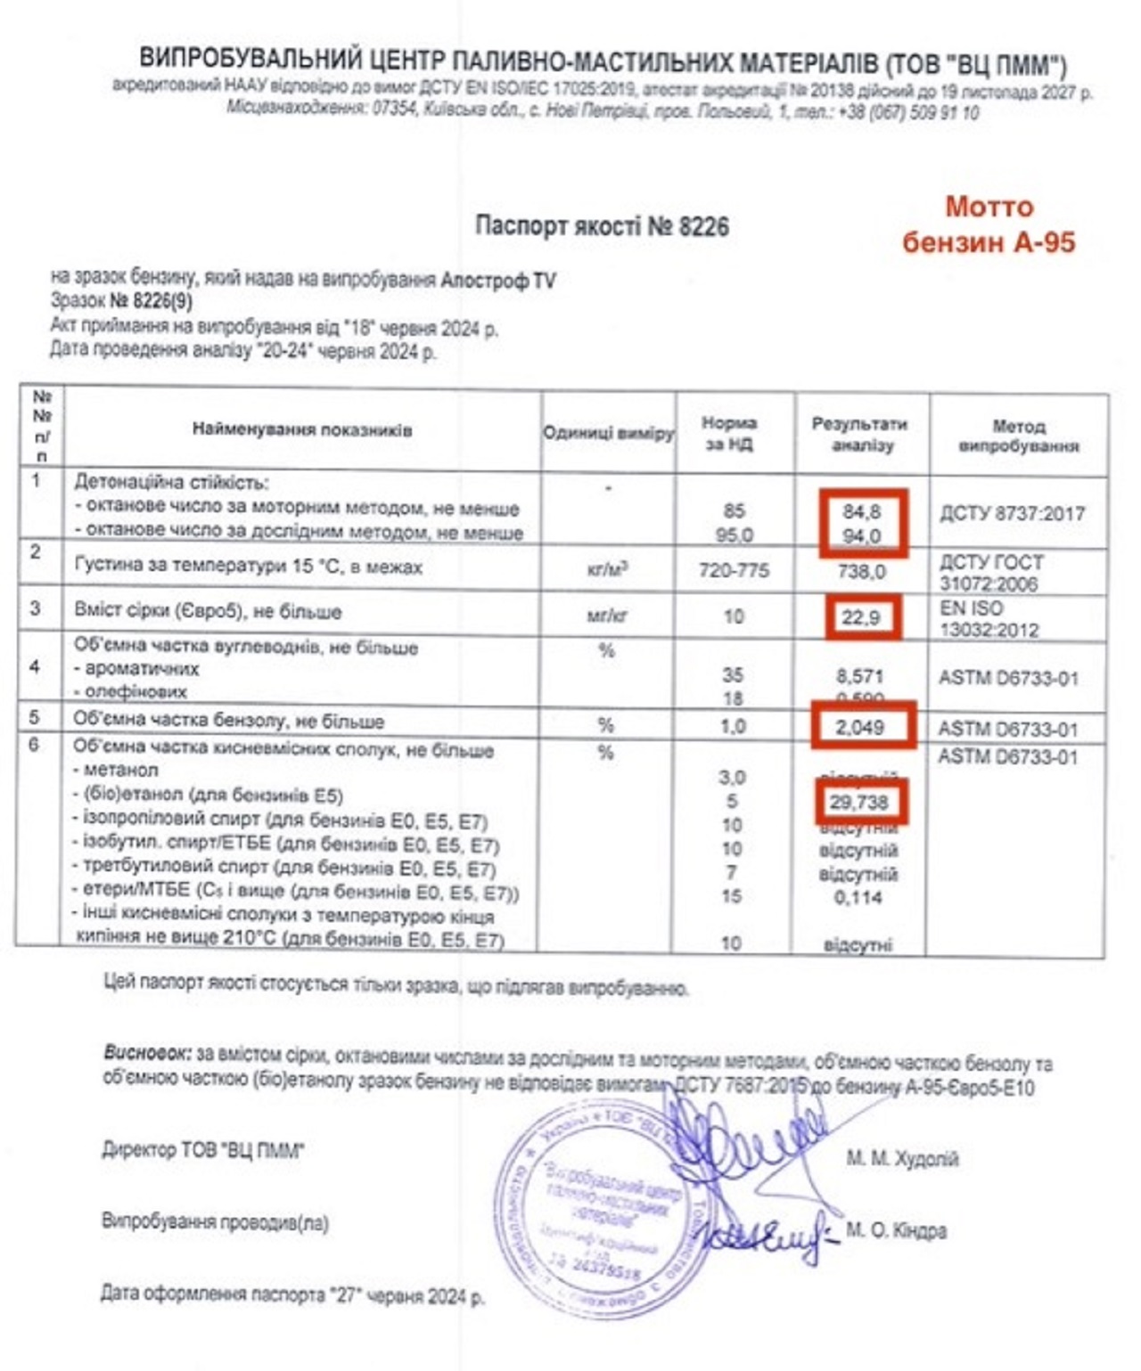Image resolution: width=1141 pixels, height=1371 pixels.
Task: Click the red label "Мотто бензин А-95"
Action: [x=989, y=224]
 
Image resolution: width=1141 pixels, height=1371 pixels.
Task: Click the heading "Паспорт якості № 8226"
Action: [x=602, y=226]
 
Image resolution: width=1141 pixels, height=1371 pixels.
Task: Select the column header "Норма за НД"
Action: [x=729, y=433]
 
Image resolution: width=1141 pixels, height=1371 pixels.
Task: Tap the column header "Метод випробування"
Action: [x=1018, y=436]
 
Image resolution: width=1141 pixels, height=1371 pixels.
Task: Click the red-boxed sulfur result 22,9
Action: [x=861, y=616]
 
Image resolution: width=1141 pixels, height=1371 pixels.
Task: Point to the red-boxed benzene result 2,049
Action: [x=861, y=727]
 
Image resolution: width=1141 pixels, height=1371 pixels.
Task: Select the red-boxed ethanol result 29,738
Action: [x=859, y=802]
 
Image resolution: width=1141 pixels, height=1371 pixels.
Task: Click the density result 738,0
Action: [x=861, y=571]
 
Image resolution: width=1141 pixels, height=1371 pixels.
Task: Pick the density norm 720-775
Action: [x=734, y=570]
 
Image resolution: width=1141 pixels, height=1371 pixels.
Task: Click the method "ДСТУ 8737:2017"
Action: [x=1012, y=514]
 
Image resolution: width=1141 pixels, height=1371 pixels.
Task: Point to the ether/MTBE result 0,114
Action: [x=858, y=897]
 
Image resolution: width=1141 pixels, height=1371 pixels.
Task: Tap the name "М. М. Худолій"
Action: [x=901, y=1159]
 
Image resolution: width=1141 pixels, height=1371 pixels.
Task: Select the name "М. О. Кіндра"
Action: [x=896, y=1230]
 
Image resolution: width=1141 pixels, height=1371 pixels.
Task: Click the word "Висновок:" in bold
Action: [x=147, y=1053]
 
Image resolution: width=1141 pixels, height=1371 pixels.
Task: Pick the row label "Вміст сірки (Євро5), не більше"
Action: [x=209, y=612]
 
